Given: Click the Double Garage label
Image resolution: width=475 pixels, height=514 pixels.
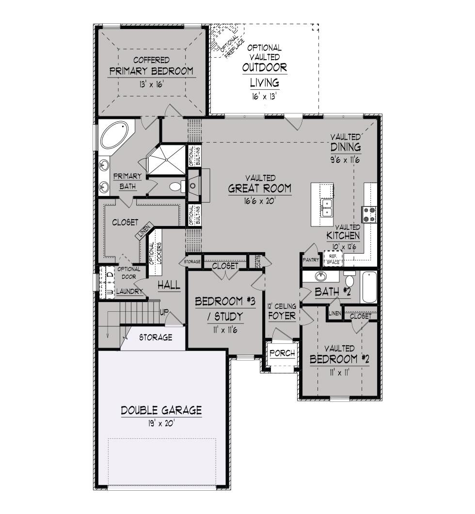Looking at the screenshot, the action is (x=161, y=410).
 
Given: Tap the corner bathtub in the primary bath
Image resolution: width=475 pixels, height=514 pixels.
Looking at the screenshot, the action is (x=114, y=135).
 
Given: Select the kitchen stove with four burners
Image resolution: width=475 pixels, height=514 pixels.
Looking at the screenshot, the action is (x=369, y=214).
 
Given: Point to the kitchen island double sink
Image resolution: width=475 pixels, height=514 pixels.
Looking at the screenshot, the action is (x=327, y=208).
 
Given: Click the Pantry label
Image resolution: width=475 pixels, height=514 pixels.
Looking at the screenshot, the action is (x=311, y=259).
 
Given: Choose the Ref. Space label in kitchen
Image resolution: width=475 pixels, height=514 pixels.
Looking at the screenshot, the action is (x=333, y=259).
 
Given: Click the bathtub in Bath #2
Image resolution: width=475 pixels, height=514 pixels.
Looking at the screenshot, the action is (x=369, y=287).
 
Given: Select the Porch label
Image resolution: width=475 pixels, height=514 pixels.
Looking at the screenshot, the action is (x=283, y=353).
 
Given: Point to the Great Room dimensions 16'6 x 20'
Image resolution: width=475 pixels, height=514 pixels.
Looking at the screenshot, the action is (x=260, y=201).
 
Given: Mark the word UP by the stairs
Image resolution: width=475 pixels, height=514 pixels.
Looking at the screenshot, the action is (x=164, y=312).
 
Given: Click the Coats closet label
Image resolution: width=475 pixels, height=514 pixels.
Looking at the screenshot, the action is (x=258, y=261).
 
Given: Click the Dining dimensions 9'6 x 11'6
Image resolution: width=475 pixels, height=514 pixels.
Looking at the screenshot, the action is (x=345, y=160).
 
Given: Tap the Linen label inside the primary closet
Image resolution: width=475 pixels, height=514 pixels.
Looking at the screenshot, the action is (x=144, y=231).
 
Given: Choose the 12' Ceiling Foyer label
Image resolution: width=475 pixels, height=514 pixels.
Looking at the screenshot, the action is (x=282, y=311).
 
